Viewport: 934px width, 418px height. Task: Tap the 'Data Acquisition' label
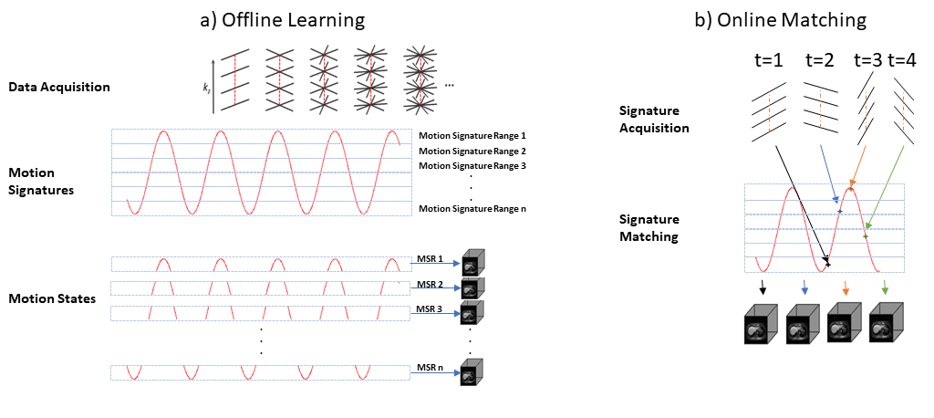click(x=58, y=88)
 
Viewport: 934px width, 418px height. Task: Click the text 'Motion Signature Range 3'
click(x=472, y=166)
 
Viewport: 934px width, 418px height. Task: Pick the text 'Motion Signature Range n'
click(x=472, y=209)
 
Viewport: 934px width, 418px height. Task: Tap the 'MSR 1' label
click(x=430, y=258)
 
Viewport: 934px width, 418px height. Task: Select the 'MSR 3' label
click(x=430, y=308)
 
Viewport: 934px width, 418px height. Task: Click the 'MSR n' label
click(x=430, y=368)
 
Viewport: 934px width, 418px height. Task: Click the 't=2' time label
click(x=820, y=62)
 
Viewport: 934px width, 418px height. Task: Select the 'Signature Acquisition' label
click(x=655, y=120)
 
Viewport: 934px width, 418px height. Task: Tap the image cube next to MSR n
click(x=472, y=373)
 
